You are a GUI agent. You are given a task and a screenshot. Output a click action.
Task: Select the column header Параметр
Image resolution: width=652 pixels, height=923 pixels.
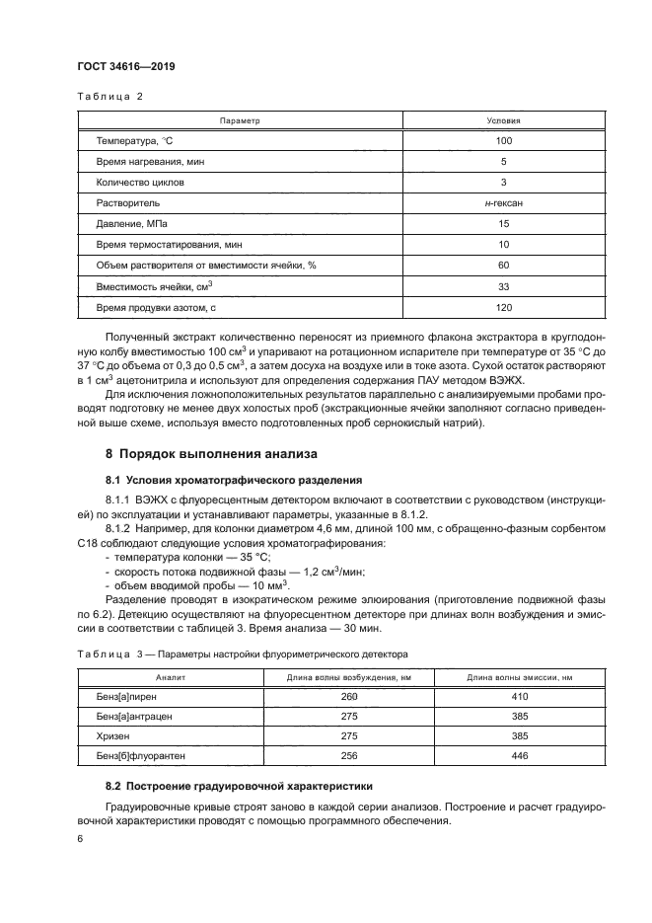click(x=238, y=120)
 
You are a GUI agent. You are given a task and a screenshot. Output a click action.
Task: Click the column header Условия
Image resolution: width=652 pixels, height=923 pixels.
click(x=503, y=120)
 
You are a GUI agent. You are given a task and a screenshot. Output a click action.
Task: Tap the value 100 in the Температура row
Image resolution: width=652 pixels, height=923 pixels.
click(x=503, y=141)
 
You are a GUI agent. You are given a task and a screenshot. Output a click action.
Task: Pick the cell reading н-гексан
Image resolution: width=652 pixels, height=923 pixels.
click(x=503, y=203)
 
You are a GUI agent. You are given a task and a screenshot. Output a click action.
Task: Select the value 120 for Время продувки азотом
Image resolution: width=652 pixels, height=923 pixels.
click(x=503, y=307)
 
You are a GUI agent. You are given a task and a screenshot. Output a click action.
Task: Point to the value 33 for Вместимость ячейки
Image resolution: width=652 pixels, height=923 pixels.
click(x=503, y=286)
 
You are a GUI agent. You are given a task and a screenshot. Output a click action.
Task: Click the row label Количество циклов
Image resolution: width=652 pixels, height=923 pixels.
click(x=141, y=183)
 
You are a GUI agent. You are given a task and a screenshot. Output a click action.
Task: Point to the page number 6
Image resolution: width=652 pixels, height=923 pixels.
click(x=81, y=839)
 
